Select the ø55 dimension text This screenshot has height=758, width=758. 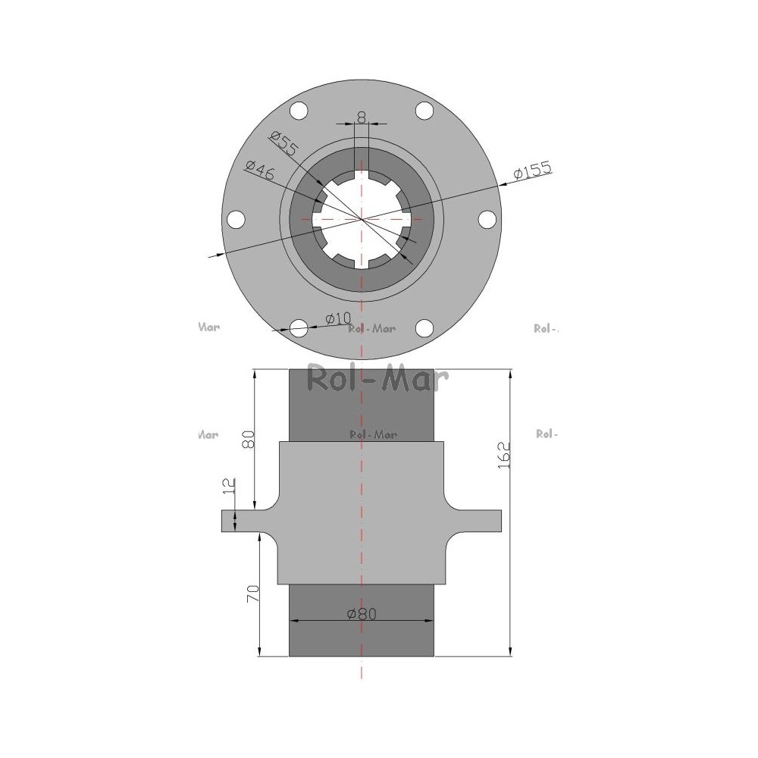click(x=285, y=143)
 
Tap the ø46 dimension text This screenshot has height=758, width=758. click(x=259, y=170)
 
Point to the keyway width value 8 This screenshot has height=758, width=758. click(x=362, y=117)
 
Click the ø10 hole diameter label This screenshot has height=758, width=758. click(x=338, y=318)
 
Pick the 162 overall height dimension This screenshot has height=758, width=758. click(x=504, y=455)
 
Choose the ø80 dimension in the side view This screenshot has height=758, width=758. click(x=362, y=614)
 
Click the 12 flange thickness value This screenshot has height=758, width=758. click(x=229, y=485)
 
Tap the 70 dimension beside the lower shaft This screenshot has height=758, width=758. click(x=253, y=594)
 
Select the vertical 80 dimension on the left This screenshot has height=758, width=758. click(x=248, y=440)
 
